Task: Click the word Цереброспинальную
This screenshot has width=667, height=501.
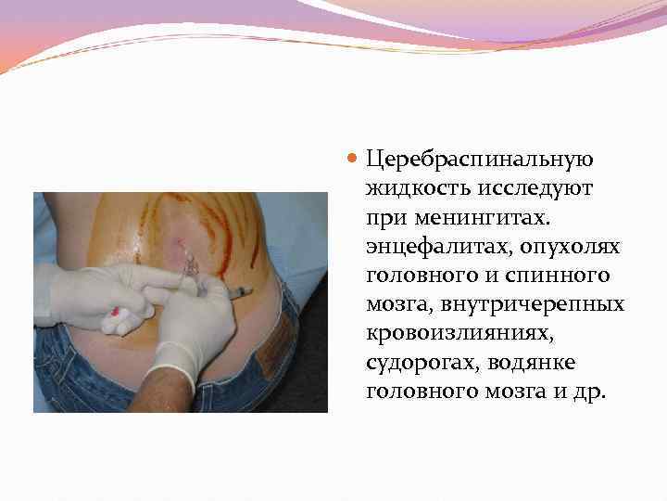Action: pos(480,160)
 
